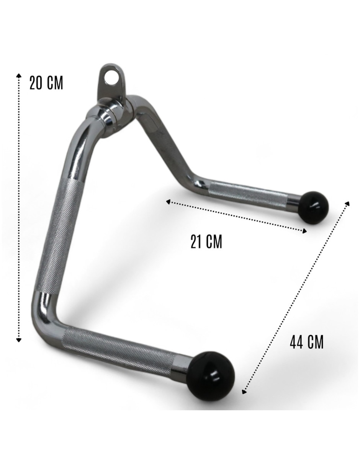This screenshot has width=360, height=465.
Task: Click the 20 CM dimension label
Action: (x=46, y=83)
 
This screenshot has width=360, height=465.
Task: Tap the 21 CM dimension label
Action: (x=206, y=242)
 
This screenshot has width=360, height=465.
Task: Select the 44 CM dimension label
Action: (x=306, y=342)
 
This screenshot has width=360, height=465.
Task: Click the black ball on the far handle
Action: (x=314, y=207)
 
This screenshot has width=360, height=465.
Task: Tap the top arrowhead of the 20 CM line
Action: (x=19, y=75)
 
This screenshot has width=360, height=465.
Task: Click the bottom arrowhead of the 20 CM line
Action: (x=19, y=339)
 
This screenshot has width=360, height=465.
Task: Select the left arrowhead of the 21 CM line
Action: (x=169, y=202)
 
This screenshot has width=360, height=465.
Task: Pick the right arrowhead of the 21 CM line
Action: (x=304, y=231)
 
